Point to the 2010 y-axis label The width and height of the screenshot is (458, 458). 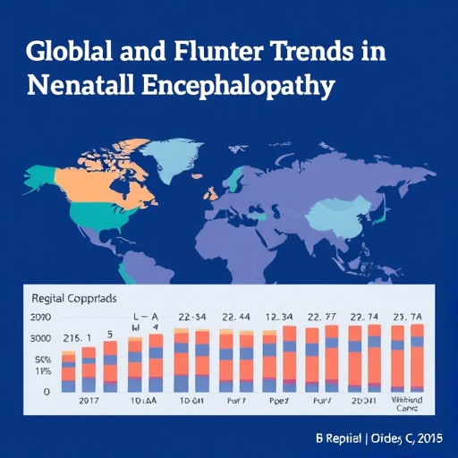40,318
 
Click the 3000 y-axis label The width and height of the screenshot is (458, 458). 40,338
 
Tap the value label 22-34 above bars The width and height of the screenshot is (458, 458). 193,317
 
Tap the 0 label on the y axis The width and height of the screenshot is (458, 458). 47,392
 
